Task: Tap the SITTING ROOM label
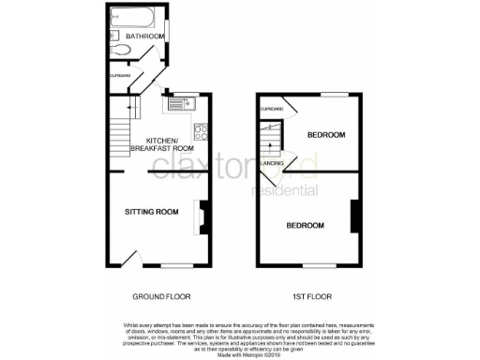(152, 212)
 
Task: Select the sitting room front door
(132, 257)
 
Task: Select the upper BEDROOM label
(327, 136)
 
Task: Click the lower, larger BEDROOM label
(306, 225)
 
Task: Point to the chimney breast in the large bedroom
(353, 217)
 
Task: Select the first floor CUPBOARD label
(271, 109)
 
